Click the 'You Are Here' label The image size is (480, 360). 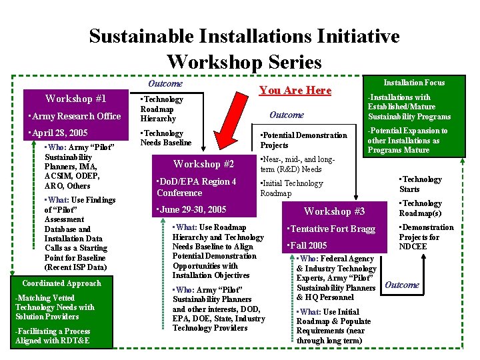[295, 90]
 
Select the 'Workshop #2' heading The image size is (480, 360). [203, 164]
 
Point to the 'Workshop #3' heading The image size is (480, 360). [334, 211]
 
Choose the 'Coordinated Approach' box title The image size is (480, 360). [61, 283]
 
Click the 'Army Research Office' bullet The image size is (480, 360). [72, 116]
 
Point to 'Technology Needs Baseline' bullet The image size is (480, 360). [165, 138]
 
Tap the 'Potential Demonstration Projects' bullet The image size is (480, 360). [303, 140]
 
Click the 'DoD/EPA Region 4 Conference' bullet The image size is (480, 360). [195, 187]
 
